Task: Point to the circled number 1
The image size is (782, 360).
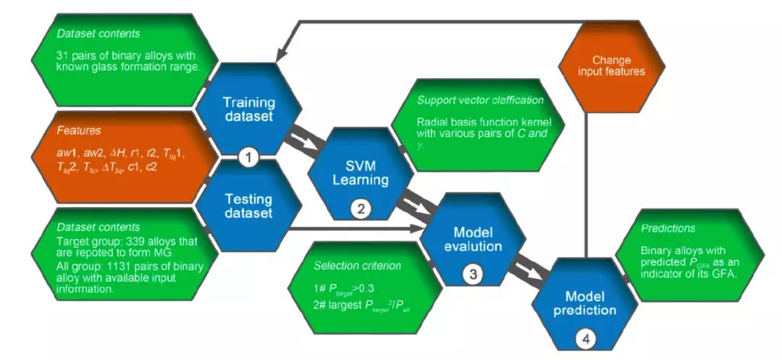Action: click(249, 157)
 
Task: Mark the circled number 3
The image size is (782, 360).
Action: click(471, 275)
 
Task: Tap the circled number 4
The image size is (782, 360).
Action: click(586, 337)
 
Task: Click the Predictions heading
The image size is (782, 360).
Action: click(667, 228)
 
